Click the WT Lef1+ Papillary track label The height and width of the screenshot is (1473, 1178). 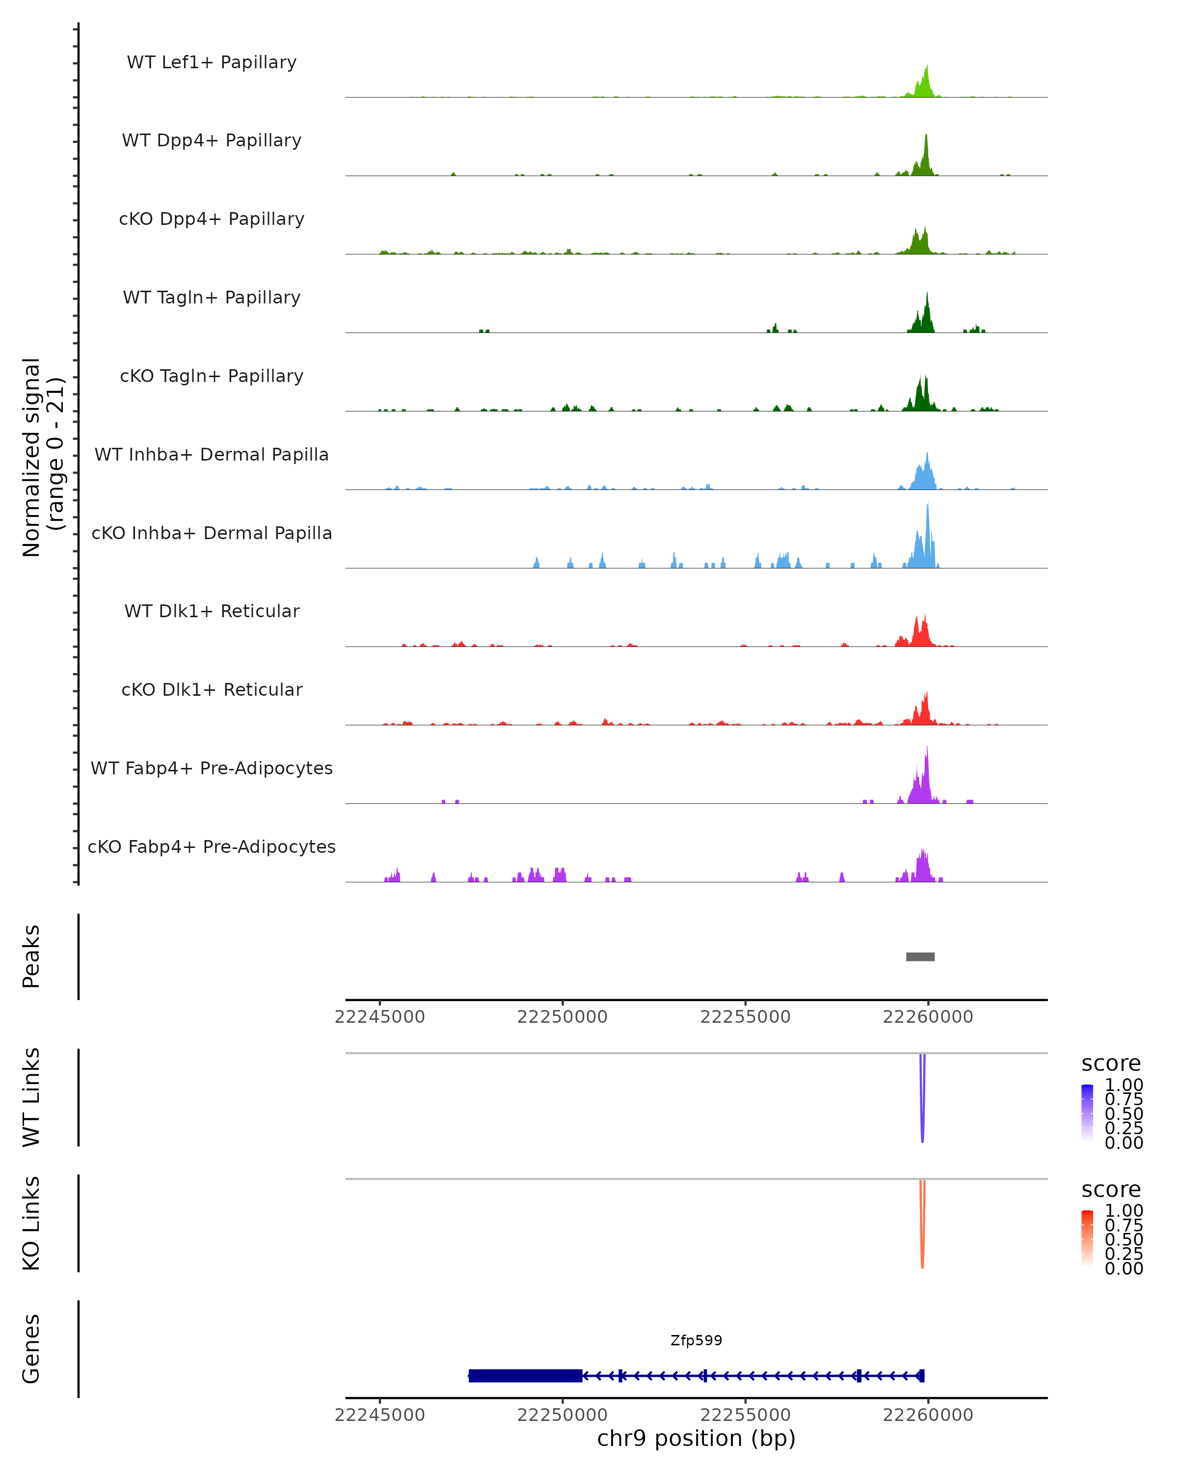pos(212,62)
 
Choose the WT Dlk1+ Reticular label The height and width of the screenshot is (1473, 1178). pos(212,611)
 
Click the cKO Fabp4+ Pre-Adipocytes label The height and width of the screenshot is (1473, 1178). pos(212,846)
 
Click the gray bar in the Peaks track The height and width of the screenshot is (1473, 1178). pos(920,956)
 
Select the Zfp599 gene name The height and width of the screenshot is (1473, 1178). pos(696,1340)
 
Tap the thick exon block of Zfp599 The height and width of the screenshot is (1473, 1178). pos(525,1375)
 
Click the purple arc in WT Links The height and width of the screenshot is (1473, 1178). pos(922,1107)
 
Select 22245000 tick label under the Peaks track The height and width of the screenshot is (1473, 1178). pos(380,1017)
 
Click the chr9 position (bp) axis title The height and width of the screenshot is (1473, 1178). pos(696,1438)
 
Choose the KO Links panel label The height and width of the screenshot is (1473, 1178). pos(31,1224)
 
